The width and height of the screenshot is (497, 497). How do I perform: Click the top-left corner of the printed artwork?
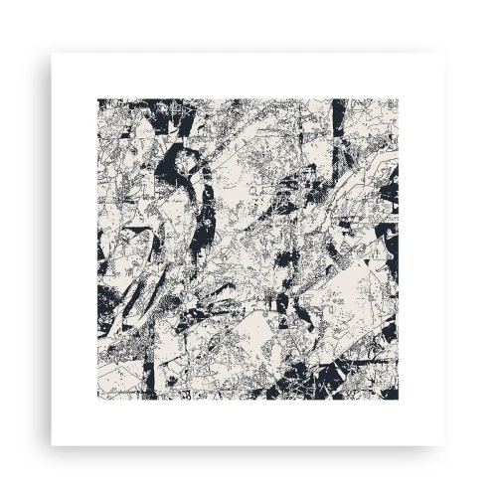[97, 97]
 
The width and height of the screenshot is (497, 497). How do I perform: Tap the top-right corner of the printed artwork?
[399, 97]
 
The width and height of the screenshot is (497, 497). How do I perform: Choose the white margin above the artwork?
[248, 75]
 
